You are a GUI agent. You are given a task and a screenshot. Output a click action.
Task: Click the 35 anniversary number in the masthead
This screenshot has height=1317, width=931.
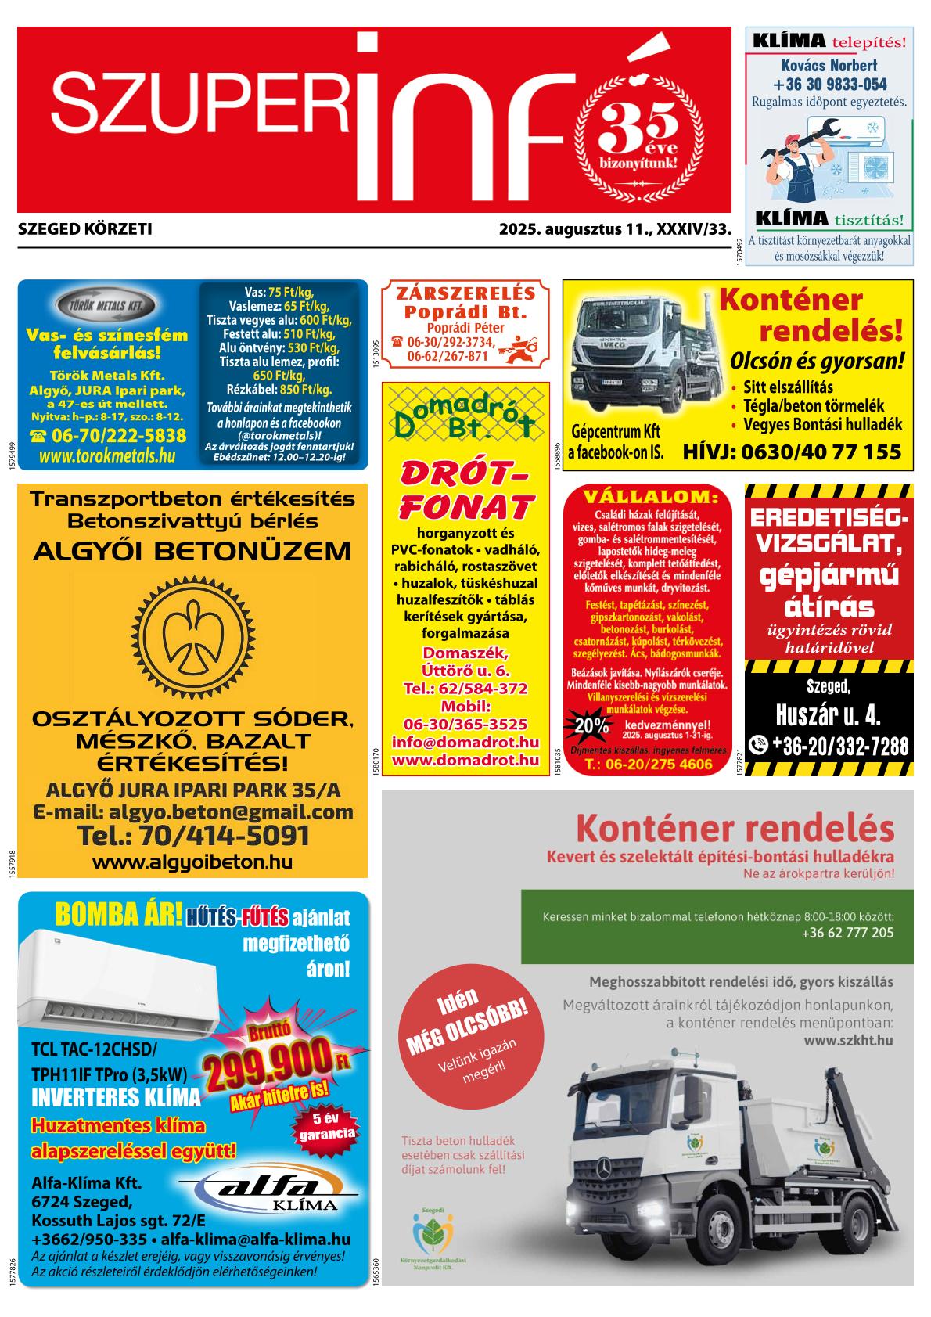pyautogui.click(x=638, y=124)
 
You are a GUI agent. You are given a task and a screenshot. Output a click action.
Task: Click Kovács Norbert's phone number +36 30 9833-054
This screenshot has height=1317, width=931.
pyautogui.click(x=829, y=85)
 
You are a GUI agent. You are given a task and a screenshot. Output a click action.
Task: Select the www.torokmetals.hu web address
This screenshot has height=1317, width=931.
pyautogui.click(x=107, y=456)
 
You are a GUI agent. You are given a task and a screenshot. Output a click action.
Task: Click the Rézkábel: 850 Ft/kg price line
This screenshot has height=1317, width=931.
pyautogui.click(x=279, y=389)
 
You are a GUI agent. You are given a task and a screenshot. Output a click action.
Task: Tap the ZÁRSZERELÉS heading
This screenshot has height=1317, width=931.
pyautogui.click(x=465, y=293)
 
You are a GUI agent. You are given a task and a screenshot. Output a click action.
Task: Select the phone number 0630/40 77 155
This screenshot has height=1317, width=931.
pyautogui.click(x=792, y=452)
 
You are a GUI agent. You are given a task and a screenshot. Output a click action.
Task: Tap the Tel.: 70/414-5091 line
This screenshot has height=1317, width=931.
pyautogui.click(x=193, y=835)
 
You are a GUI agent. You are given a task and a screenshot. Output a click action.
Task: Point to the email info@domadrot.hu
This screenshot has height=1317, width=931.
pyautogui.click(x=465, y=741)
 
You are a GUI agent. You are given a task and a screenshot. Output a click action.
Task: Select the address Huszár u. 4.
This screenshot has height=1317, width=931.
pyautogui.click(x=828, y=715)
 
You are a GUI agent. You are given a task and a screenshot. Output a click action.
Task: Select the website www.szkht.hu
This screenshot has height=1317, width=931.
pyautogui.click(x=848, y=1041)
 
